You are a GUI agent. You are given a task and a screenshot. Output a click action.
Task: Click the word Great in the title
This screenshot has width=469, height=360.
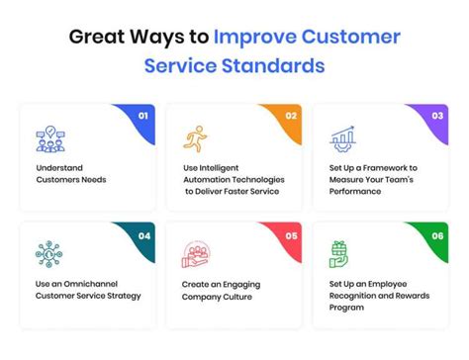click(97, 37)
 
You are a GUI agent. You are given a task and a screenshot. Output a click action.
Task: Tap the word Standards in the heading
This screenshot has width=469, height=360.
click(273, 65)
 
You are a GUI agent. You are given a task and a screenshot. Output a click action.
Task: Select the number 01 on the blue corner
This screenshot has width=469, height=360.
click(143, 116)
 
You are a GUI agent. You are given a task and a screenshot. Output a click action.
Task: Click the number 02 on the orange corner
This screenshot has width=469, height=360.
click(291, 116)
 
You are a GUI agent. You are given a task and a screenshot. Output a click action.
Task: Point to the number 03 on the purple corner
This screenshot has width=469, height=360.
click(437, 116)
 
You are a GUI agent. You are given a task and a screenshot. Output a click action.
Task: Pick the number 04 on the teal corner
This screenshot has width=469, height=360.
click(144, 236)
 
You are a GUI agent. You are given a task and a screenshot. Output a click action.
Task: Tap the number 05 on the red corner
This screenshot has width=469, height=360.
click(292, 236)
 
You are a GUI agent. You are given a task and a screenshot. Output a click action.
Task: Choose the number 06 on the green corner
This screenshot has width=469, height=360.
click(437, 236)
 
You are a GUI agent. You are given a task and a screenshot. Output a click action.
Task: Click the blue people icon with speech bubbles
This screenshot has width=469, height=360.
click(50, 139)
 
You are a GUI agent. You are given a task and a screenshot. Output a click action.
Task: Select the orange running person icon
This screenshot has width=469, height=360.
click(195, 138)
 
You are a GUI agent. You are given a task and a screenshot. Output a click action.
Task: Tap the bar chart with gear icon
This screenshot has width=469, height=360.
click(342, 138)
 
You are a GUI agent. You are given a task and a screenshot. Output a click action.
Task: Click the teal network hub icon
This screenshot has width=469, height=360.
click(48, 254)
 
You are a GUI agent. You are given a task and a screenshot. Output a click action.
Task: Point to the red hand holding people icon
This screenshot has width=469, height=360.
click(196, 254)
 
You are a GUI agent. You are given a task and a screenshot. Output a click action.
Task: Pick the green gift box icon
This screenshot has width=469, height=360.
click(338, 254)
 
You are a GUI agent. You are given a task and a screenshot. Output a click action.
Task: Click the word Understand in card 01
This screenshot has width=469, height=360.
click(59, 168)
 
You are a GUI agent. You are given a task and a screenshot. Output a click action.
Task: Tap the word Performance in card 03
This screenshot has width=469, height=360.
click(355, 192)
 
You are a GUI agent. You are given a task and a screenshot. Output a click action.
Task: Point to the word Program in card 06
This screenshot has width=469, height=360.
click(346, 308)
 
